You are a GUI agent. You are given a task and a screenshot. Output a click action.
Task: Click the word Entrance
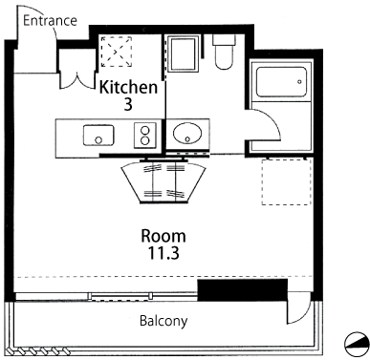tap(50, 21)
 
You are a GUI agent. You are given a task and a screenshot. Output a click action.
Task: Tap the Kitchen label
tap(129, 87)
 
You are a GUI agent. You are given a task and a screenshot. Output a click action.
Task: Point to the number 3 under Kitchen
tap(128, 104)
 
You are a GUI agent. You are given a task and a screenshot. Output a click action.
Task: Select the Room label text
tap(163, 236)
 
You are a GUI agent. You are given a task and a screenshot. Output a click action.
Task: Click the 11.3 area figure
tap(163, 253)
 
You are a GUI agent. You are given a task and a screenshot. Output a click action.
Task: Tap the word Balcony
tap(163, 321)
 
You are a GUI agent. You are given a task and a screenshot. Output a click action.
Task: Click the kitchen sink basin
tap(98, 136)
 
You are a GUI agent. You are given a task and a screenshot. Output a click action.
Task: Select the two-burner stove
tap(145, 136)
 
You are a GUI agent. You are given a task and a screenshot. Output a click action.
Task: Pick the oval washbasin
tap(187, 133)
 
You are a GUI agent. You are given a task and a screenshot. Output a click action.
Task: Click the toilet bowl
tap(224, 52)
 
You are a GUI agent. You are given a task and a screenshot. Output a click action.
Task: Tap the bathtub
tap(281, 82)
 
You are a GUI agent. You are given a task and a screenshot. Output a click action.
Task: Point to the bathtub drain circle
tap(299, 82)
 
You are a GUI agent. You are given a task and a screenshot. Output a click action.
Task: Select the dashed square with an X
tap(117, 52)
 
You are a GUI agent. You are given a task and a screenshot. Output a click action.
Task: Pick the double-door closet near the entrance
tap(76, 69)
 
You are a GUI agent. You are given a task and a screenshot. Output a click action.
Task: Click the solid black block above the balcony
tap(243, 290)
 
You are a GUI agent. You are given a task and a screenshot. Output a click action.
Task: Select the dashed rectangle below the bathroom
tap(287, 181)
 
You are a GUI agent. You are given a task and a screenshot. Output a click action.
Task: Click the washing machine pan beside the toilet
tap(183, 54)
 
